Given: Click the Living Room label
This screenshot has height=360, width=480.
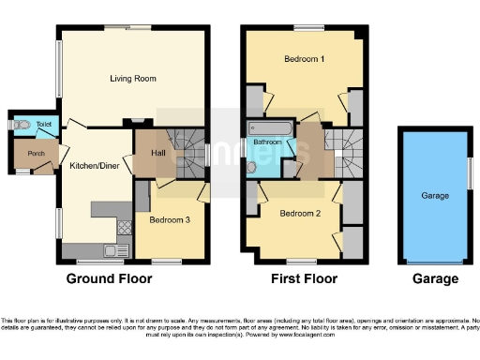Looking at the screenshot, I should click(x=132, y=79).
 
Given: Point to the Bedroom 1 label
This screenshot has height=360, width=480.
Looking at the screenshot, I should click(x=304, y=60).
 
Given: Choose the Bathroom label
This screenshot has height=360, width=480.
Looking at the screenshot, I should click(x=266, y=142).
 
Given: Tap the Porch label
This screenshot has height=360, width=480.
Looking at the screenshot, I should click(x=37, y=154).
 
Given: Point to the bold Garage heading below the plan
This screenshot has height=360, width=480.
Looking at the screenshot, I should click(x=436, y=278).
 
